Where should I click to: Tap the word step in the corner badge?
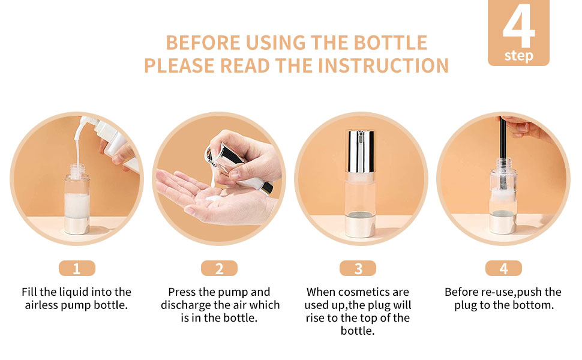[x=518, y=56]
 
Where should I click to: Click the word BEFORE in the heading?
[x=203, y=43]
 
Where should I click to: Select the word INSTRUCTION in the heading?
[x=383, y=65]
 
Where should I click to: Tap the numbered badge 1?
[x=77, y=268]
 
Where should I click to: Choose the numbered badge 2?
[x=219, y=268]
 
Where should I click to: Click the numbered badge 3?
[x=358, y=268]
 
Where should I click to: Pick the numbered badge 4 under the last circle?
[x=503, y=268]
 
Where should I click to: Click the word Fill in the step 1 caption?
[x=29, y=292]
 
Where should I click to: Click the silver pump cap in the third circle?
[x=360, y=151]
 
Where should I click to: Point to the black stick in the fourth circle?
[x=503, y=148]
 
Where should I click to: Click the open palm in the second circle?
[x=208, y=197]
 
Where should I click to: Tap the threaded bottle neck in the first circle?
[x=77, y=171]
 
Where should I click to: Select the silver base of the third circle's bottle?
[x=359, y=224]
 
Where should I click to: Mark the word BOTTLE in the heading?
[x=391, y=43]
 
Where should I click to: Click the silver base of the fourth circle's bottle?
[x=503, y=222]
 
